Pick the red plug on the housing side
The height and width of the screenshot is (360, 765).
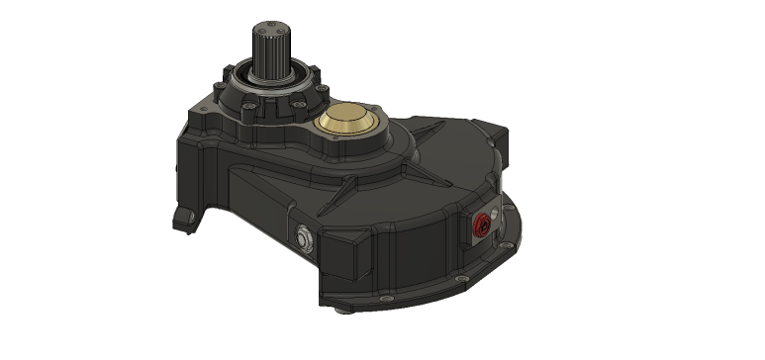483,224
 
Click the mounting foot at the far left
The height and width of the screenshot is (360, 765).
183,216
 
